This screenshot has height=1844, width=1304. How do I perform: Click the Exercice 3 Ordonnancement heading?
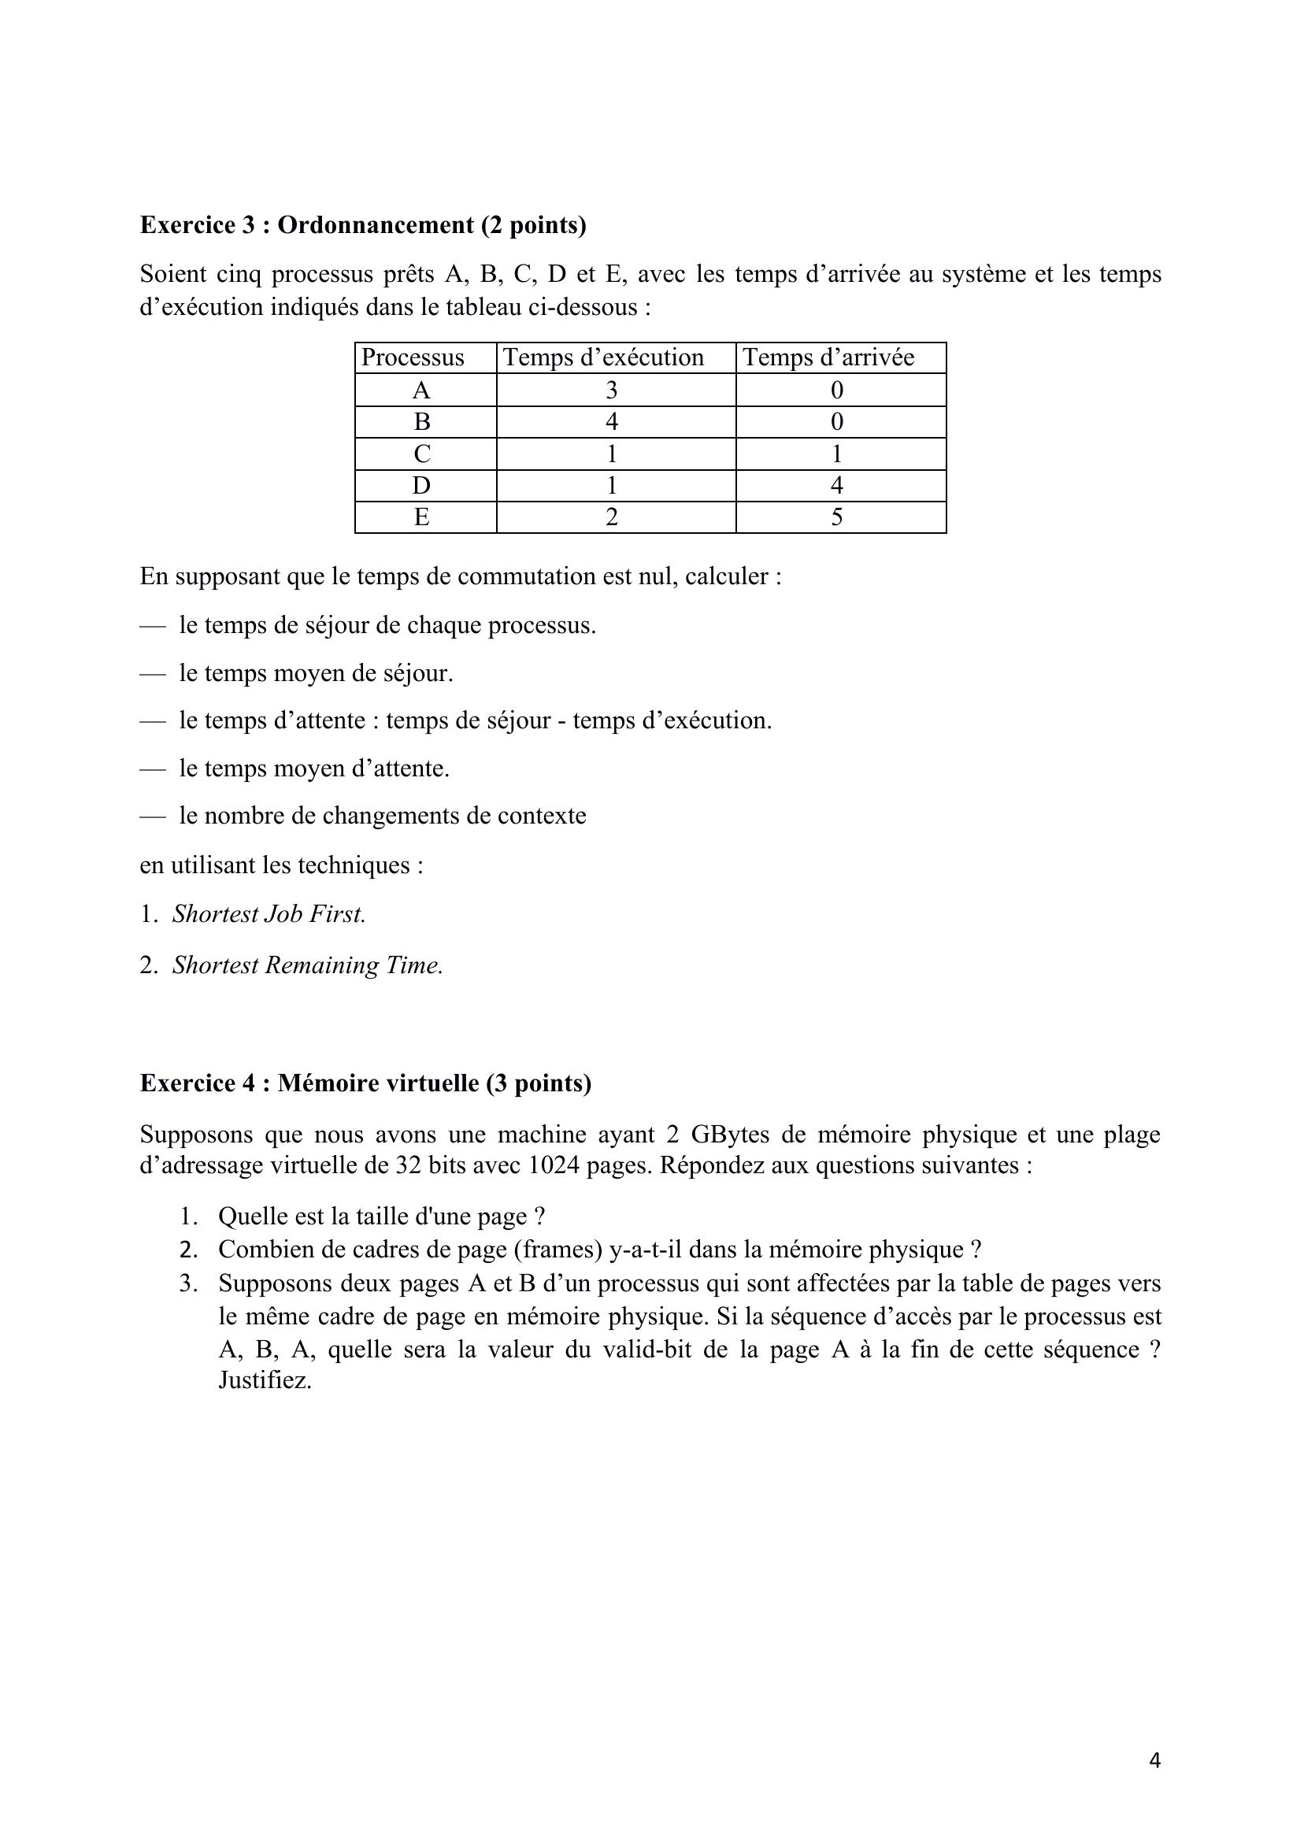click(362, 225)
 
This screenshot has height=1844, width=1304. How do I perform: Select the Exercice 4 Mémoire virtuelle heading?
click(365, 1083)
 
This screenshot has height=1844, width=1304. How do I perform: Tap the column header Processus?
click(412, 357)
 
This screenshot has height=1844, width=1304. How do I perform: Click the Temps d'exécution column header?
click(602, 357)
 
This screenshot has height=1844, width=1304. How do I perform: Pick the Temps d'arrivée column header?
click(828, 357)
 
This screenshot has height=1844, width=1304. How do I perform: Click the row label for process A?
click(421, 391)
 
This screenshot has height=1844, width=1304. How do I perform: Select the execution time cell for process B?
click(611, 422)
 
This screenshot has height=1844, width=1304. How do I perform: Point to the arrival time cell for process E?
click(836, 517)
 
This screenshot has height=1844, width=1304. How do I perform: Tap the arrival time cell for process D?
click(836, 485)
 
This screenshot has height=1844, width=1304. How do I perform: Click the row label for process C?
click(421, 454)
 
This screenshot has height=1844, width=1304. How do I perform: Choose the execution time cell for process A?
click(611, 391)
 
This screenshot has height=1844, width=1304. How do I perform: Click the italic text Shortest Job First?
click(269, 914)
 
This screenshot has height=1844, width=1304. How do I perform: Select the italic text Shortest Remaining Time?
click(308, 965)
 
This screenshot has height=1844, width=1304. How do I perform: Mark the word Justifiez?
click(265, 1380)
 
